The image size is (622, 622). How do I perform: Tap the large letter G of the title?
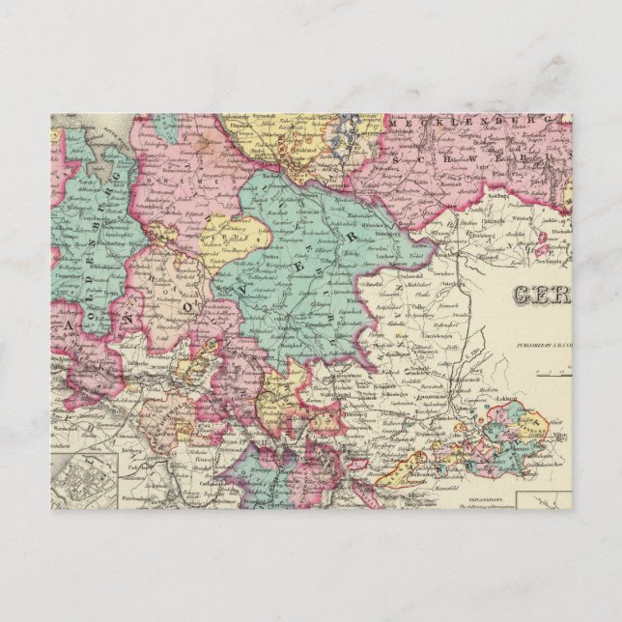point(523,296)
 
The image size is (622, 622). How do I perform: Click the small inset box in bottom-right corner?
point(544,499)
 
